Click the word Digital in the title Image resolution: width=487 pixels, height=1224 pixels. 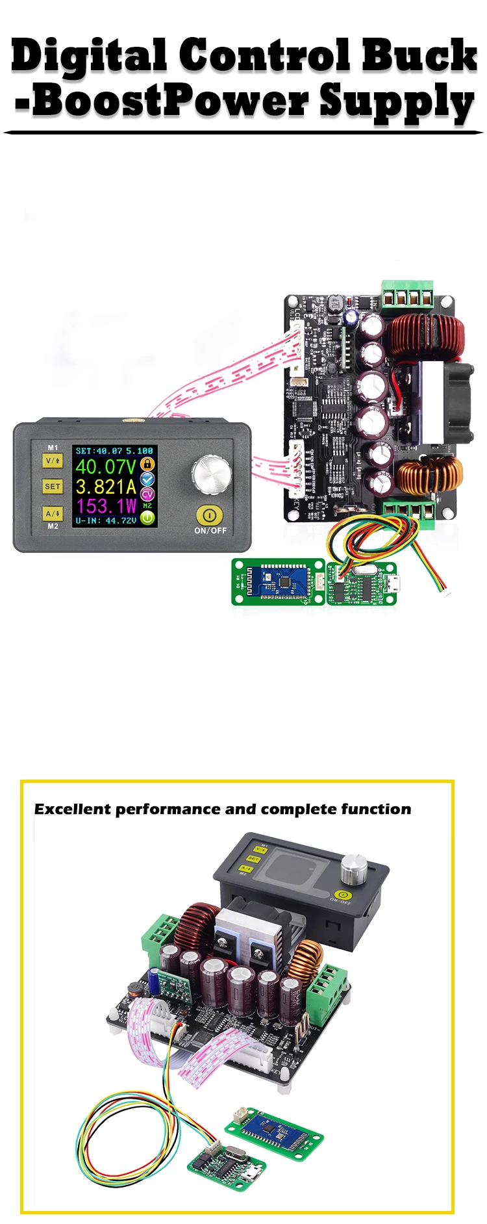point(88,57)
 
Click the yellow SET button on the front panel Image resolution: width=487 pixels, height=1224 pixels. point(53,486)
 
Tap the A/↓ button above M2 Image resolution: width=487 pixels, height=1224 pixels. point(53,513)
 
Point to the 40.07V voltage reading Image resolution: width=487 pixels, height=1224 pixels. point(106,466)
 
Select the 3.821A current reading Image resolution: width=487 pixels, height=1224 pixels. point(106,487)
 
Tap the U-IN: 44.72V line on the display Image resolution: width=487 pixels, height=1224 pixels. point(106,520)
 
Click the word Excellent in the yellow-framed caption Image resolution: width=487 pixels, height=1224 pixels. point(73,810)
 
